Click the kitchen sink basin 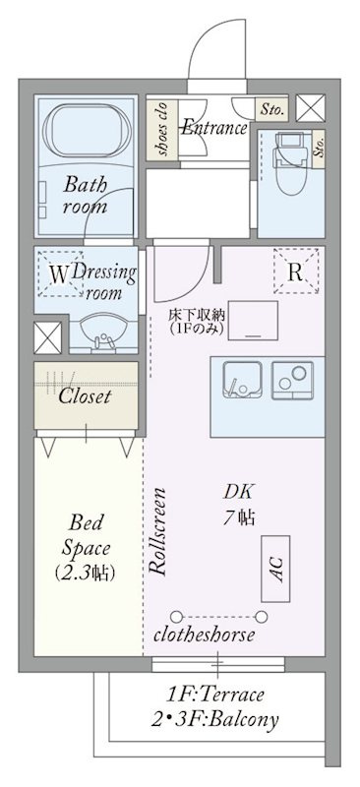pyautogui.click(x=242, y=380)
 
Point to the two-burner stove pyautogui.click(x=292, y=380)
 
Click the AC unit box pyautogui.click(x=275, y=569)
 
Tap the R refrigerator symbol pyautogui.click(x=296, y=272)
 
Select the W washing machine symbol pyautogui.click(x=60, y=274)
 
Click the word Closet pyautogui.click(x=85, y=396)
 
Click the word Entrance pyautogui.click(x=213, y=128)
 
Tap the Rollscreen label pyautogui.click(x=158, y=531)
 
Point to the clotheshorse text pyautogui.click(x=204, y=635)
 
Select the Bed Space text pyautogui.click(x=86, y=535)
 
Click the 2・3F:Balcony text pyautogui.click(x=215, y=720)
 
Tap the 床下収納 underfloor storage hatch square pyautogui.click(x=253, y=321)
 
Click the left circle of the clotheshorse pyautogui.click(x=176, y=617)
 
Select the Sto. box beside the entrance pyautogui.click(x=271, y=108)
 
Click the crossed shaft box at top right pyautogui.click(x=310, y=108)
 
